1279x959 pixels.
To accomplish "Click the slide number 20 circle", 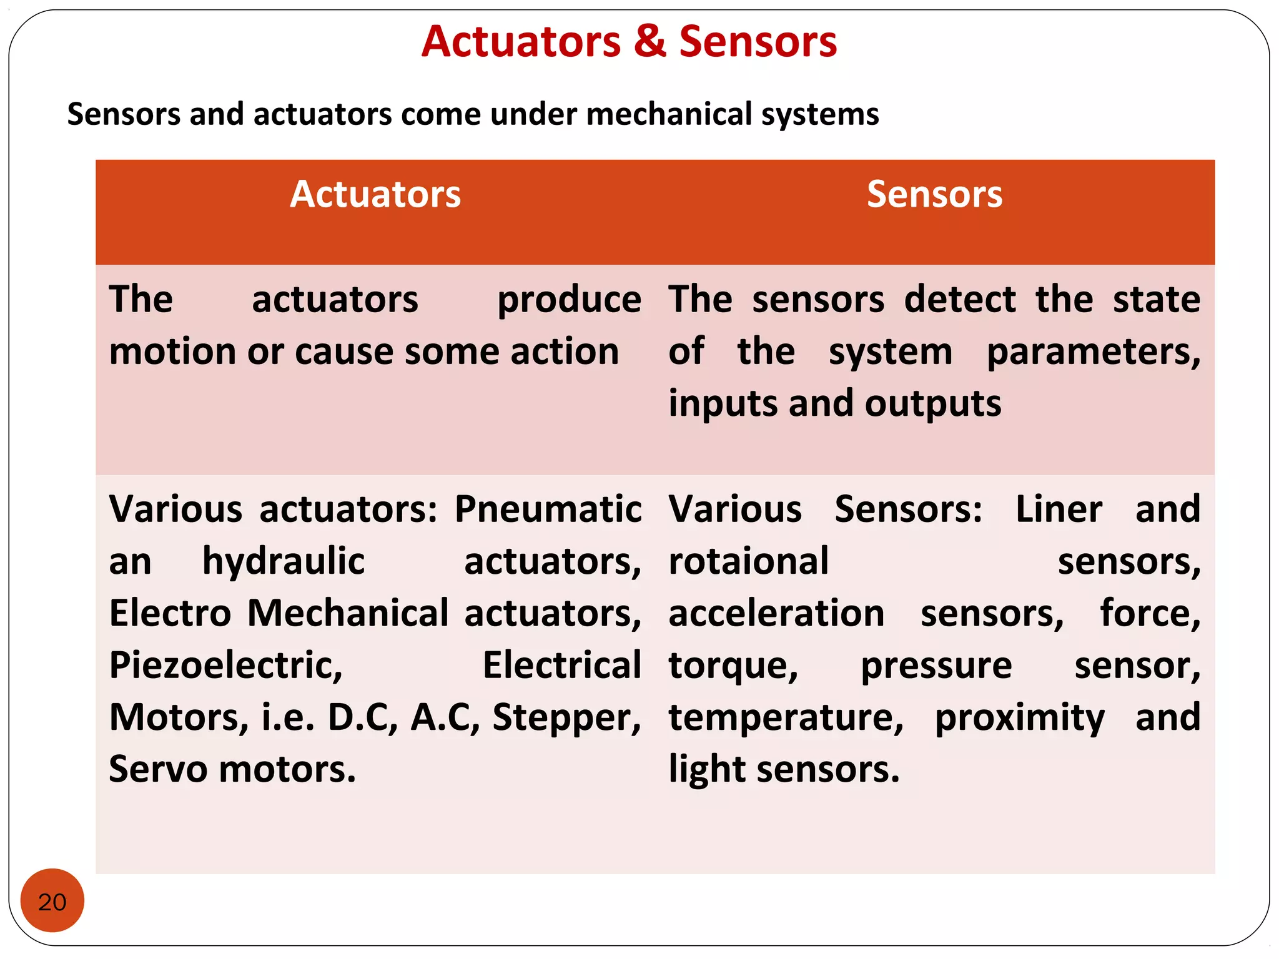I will [x=52, y=900].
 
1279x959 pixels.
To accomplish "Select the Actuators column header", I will [x=375, y=194].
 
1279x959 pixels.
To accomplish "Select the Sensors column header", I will [x=934, y=194].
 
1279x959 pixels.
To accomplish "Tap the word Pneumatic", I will [x=548, y=509].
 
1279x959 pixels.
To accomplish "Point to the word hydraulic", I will [x=284, y=561].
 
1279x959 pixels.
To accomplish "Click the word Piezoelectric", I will [x=225, y=666].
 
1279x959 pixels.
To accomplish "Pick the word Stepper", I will [x=566, y=717].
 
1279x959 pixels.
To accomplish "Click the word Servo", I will [x=157, y=769].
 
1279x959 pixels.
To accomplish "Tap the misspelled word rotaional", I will [x=748, y=561].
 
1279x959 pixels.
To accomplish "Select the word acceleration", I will [x=776, y=613].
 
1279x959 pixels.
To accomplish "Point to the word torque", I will [x=733, y=666].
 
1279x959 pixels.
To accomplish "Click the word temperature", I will [x=786, y=717].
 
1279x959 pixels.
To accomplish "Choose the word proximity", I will [x=1019, y=717].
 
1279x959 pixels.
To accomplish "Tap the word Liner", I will [x=1059, y=509].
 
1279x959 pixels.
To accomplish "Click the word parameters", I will [x=1093, y=352].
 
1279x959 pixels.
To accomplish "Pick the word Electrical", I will [x=561, y=666].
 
